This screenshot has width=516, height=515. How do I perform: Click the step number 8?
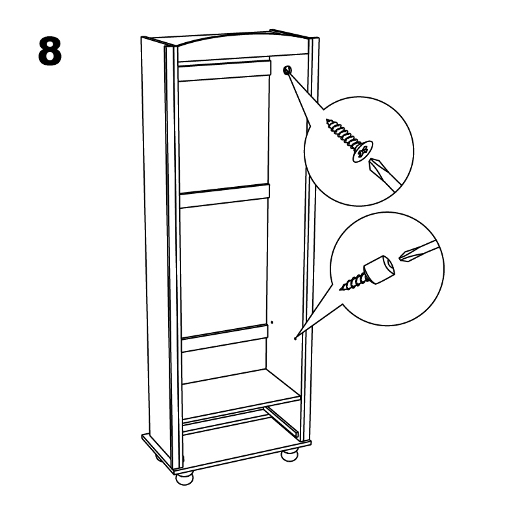click(50, 51)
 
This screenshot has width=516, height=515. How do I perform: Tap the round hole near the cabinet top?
click(288, 69)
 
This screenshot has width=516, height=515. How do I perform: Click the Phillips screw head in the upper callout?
click(363, 151)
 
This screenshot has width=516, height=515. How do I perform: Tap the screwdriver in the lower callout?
click(419, 250)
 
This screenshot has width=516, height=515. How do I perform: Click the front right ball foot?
click(289, 455)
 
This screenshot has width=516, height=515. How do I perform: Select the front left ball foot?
click(185, 479)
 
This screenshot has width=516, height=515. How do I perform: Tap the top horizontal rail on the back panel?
click(225, 70)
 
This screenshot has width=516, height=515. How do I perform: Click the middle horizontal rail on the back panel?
click(225, 197)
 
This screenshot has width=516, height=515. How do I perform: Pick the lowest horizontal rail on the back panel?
click(225, 339)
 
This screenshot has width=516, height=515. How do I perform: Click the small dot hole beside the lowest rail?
click(272, 322)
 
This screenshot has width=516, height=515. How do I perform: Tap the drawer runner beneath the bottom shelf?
click(282, 422)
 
